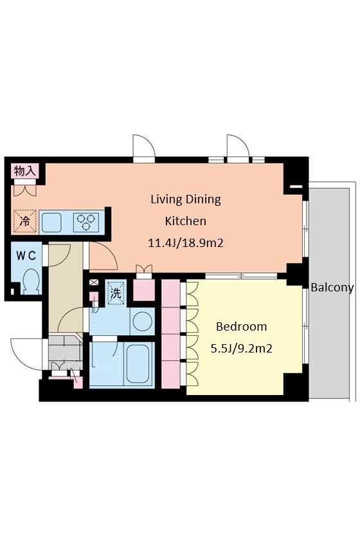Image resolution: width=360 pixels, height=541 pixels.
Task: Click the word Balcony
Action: point(332,288)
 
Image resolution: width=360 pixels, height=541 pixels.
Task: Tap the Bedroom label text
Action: point(241,326)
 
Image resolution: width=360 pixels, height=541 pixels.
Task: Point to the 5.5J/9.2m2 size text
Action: point(241,349)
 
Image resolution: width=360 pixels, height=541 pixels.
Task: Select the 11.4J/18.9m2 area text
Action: point(186,243)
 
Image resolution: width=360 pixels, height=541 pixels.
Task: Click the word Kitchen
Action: point(186,221)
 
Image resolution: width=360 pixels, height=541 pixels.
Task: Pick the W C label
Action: point(26,255)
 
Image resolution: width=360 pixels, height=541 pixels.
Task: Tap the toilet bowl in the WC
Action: point(32,280)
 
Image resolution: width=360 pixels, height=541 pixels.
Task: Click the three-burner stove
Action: point(86,221)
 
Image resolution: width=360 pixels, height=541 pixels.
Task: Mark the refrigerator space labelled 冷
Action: point(25,221)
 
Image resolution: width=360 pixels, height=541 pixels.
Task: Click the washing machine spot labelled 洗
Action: point(116,293)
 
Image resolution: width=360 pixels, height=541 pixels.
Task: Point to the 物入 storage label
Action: point(25,170)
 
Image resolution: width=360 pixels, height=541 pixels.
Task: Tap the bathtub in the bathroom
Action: point(138,363)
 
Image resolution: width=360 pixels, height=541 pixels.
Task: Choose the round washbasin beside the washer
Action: point(143,321)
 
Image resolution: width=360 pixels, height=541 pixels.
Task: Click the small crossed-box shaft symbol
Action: point(93,282)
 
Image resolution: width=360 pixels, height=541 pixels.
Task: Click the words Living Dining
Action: point(186,199)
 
